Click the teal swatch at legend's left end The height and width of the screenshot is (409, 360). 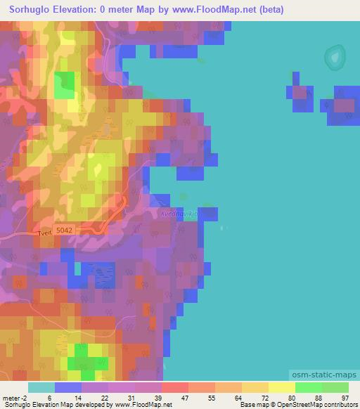coord(41,387)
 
